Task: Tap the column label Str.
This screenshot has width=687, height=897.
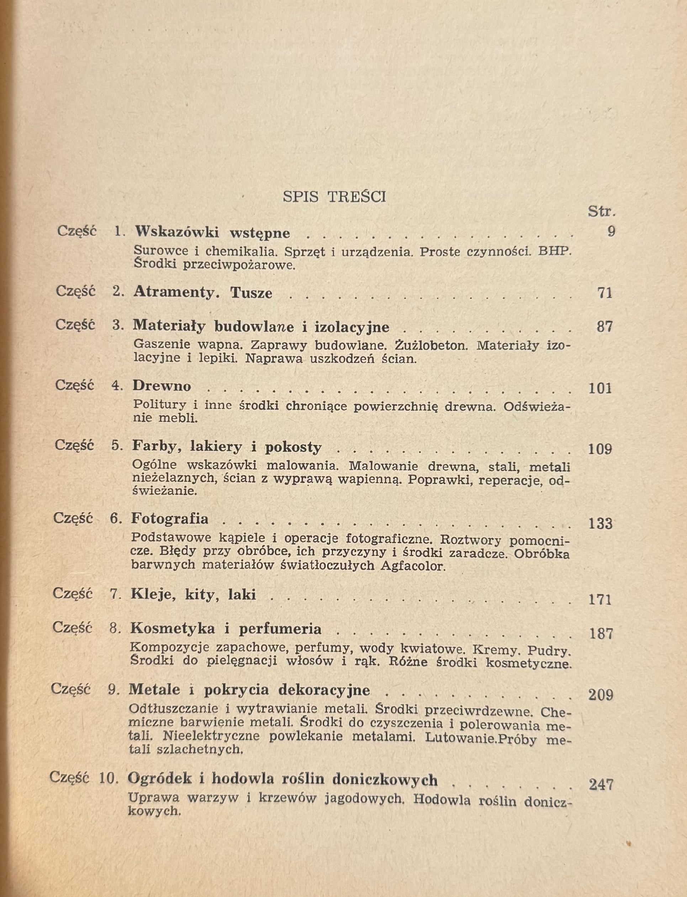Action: (x=602, y=212)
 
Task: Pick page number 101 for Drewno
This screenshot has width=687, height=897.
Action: (x=600, y=388)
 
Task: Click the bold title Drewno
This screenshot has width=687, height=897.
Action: (x=162, y=386)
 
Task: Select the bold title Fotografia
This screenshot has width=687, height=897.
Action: (x=170, y=519)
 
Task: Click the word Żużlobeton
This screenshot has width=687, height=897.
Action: (x=431, y=346)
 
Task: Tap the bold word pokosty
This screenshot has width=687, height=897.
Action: (x=293, y=447)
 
